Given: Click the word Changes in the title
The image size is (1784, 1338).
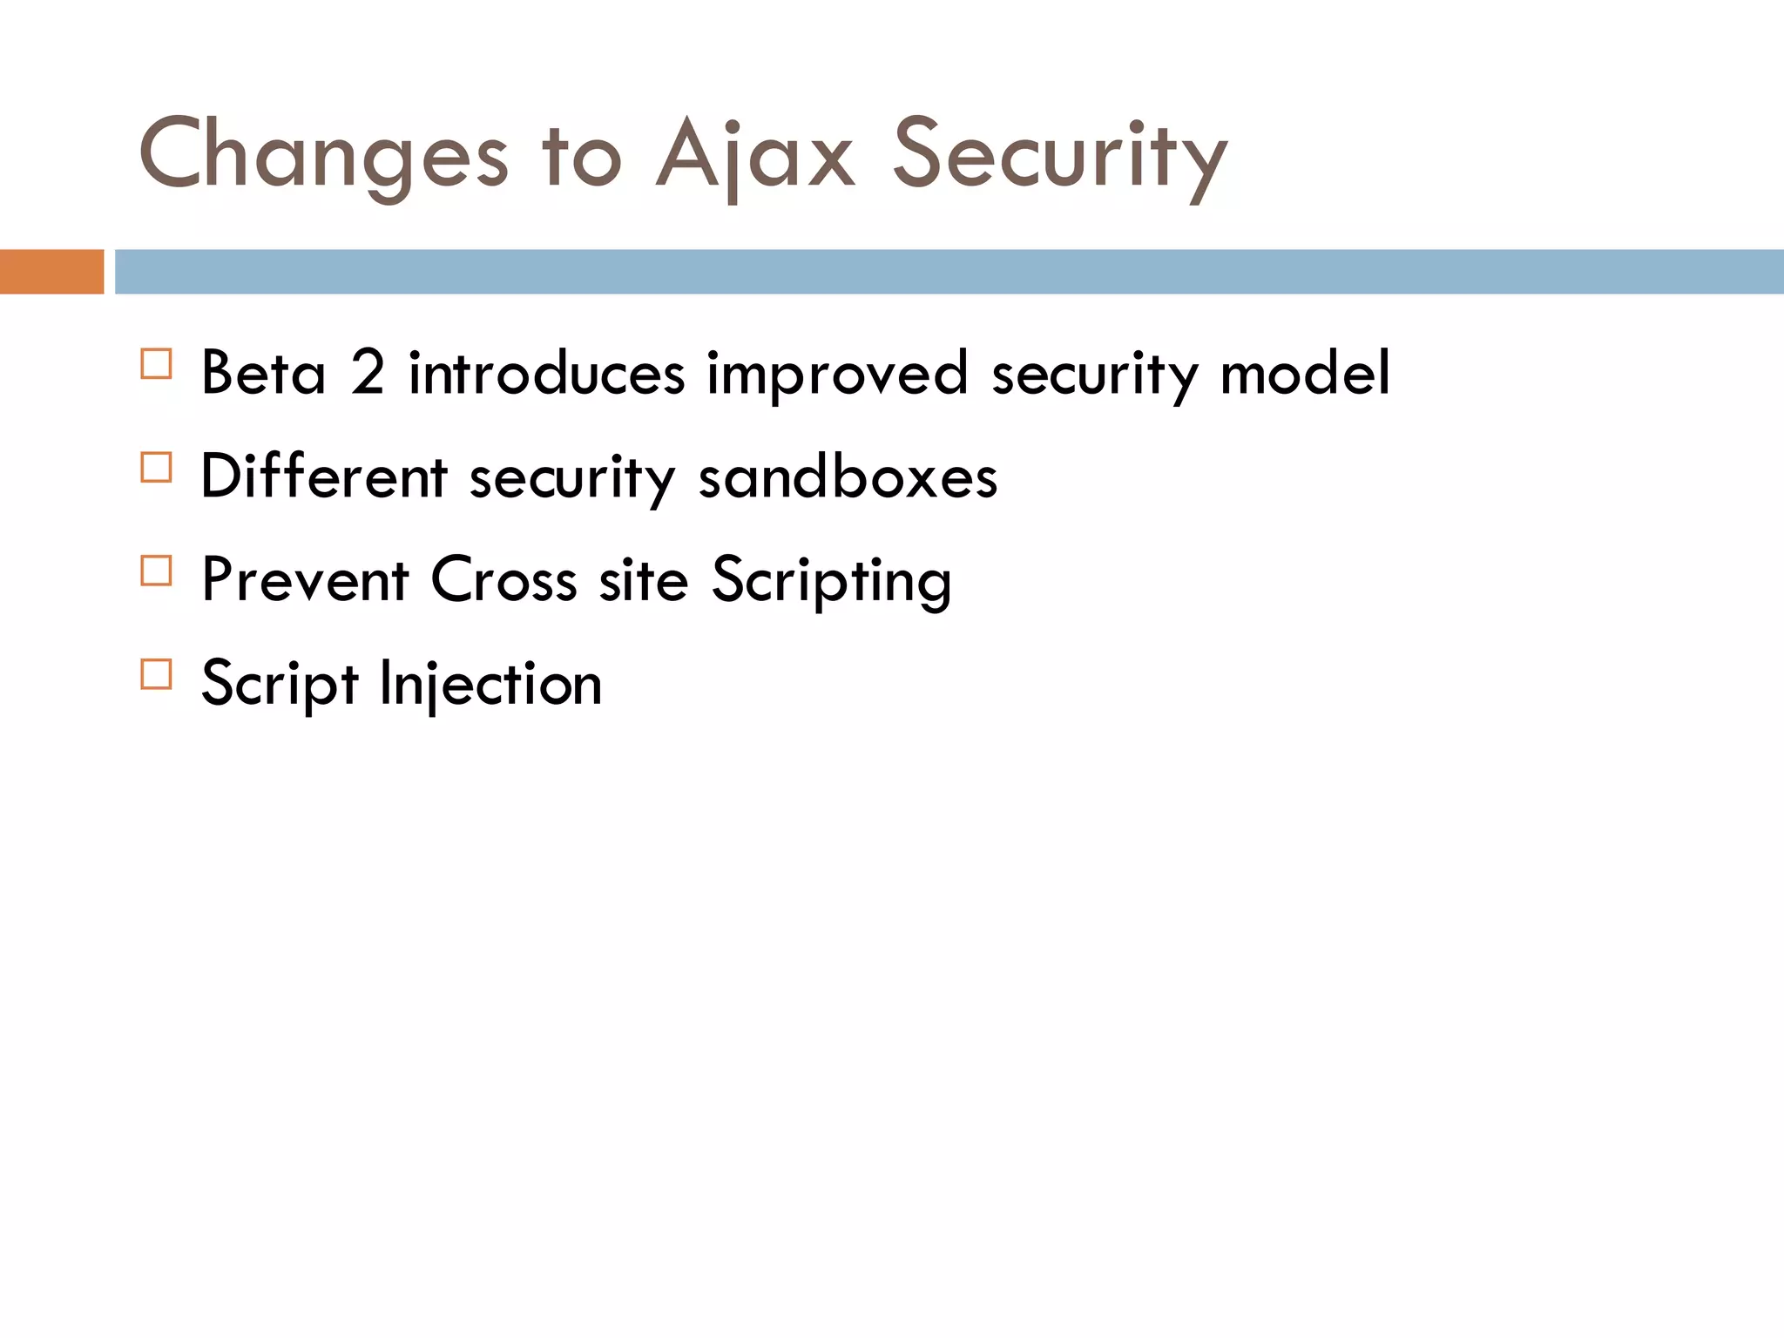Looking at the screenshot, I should coord(323,156).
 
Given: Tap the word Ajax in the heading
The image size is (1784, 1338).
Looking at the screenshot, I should coord(754,156).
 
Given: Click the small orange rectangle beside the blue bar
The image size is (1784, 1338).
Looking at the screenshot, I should coord(51,272).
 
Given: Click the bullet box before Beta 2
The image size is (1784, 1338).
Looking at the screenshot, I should coord(156,363).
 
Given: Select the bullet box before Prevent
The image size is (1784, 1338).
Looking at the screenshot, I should coord(156,571).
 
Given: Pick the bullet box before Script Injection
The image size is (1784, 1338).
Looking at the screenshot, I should coord(156,674).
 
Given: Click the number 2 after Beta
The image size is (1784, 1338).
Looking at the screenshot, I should coord(367,373).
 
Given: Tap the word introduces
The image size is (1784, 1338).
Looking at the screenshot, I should coord(546,373).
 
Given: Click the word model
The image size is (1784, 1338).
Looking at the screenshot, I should coord(1304,373).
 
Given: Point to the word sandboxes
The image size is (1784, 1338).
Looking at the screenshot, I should coord(848,477).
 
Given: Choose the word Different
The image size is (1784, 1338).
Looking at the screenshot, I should coord(323,477).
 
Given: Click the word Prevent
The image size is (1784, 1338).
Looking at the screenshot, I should coord(305,580).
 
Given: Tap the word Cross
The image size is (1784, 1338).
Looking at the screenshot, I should coord(503,580).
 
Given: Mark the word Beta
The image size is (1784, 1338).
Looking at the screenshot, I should coord(263,373).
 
